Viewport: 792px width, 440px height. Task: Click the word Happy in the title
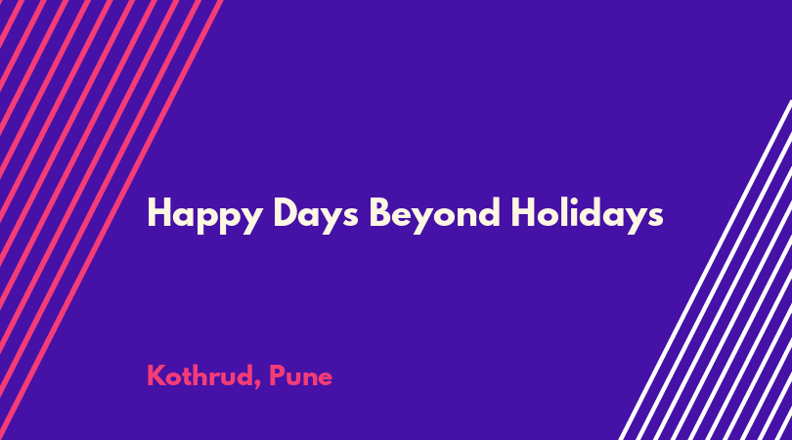coord(205,216)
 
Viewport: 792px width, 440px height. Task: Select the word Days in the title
coord(316,216)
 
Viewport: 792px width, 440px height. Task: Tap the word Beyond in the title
coord(435,216)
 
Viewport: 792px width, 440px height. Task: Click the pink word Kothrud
coord(200,375)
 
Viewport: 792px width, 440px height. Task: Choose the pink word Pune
coord(301,375)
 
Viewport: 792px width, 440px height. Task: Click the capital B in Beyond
coord(381,212)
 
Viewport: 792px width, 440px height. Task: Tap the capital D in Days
coord(286,212)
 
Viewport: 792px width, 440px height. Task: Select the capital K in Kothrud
coord(157,375)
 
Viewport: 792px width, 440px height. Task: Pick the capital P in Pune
coord(277,375)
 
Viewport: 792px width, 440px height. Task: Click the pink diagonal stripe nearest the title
coord(111,220)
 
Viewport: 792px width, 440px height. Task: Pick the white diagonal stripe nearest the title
coord(705,270)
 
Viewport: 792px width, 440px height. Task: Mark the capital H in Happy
coord(159,212)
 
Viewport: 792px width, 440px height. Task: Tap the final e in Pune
coord(325,378)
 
